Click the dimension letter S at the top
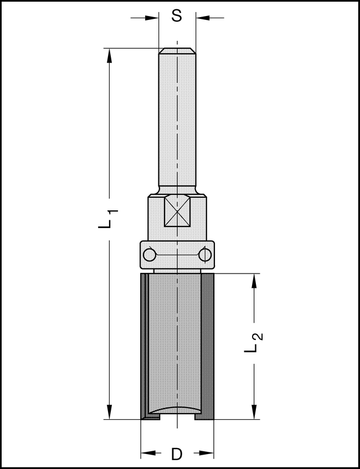[177, 16]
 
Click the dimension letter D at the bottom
[177, 454]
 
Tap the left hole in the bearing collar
[148, 255]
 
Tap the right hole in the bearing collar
[205, 255]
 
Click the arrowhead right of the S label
[202, 18]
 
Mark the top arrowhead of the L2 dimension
[254, 281]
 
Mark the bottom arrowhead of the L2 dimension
[254, 412]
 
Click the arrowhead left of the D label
[147, 454]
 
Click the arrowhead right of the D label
[207, 454]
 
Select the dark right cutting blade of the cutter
[208, 346]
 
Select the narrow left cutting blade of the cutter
[143, 346]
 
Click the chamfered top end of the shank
[177, 51]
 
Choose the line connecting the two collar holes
[177, 255]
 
